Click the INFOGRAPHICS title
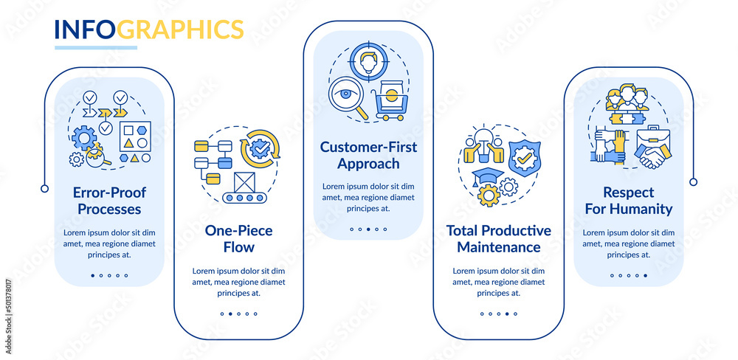point(148,30)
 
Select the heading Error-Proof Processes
point(108,201)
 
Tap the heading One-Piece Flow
point(238,239)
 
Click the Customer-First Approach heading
point(368,155)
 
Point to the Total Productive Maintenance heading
point(498,239)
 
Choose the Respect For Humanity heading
point(627,201)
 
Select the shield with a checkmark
point(525,157)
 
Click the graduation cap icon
point(488,176)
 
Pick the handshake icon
point(651,157)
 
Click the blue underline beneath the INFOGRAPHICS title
point(96,48)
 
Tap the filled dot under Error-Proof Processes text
point(92,275)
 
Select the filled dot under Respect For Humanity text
point(646,275)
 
